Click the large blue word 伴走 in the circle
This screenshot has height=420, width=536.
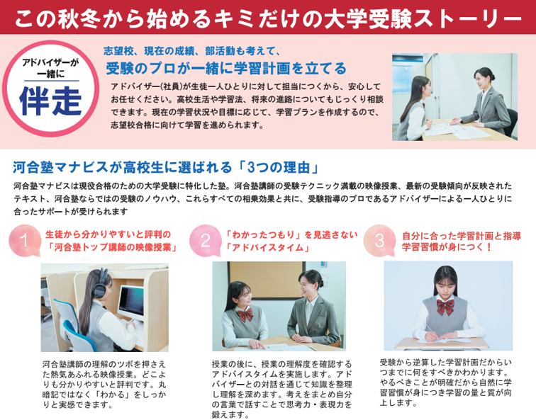50,101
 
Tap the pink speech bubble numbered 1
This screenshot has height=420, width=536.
24,240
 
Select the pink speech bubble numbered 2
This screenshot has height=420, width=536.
205,240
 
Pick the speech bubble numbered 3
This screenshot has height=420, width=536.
379,240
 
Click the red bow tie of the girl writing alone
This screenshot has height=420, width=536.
445,306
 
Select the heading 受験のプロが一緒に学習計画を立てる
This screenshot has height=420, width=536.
226,68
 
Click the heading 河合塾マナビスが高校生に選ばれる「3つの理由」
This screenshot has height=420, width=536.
167,167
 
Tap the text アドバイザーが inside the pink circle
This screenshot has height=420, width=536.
50,62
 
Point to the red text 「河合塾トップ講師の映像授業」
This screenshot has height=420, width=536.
112,247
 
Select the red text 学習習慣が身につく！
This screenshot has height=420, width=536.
447,247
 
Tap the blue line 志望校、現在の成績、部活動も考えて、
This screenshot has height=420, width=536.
191,51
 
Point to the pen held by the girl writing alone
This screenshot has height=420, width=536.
431,332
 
